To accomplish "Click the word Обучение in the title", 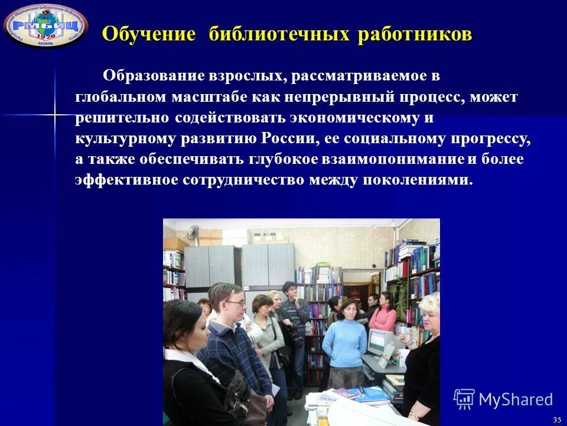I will tap(148, 34).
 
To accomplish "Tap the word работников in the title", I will tap(415, 34).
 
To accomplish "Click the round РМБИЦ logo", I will tap(45, 24).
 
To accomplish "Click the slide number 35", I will tap(557, 419).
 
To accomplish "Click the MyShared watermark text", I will tap(516, 400).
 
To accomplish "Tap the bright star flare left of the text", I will tap(54, 112).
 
